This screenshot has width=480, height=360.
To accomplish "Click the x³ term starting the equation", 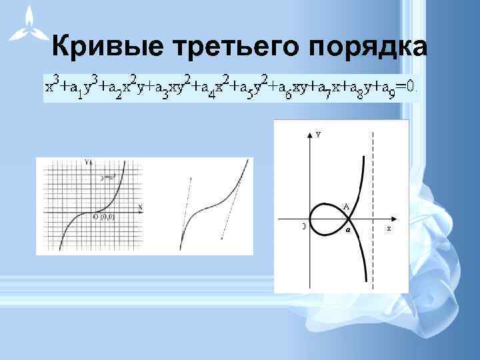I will click(51, 85).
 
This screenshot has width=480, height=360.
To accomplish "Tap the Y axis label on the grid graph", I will click(87, 162).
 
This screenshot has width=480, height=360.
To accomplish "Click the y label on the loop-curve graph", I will click(319, 134).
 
